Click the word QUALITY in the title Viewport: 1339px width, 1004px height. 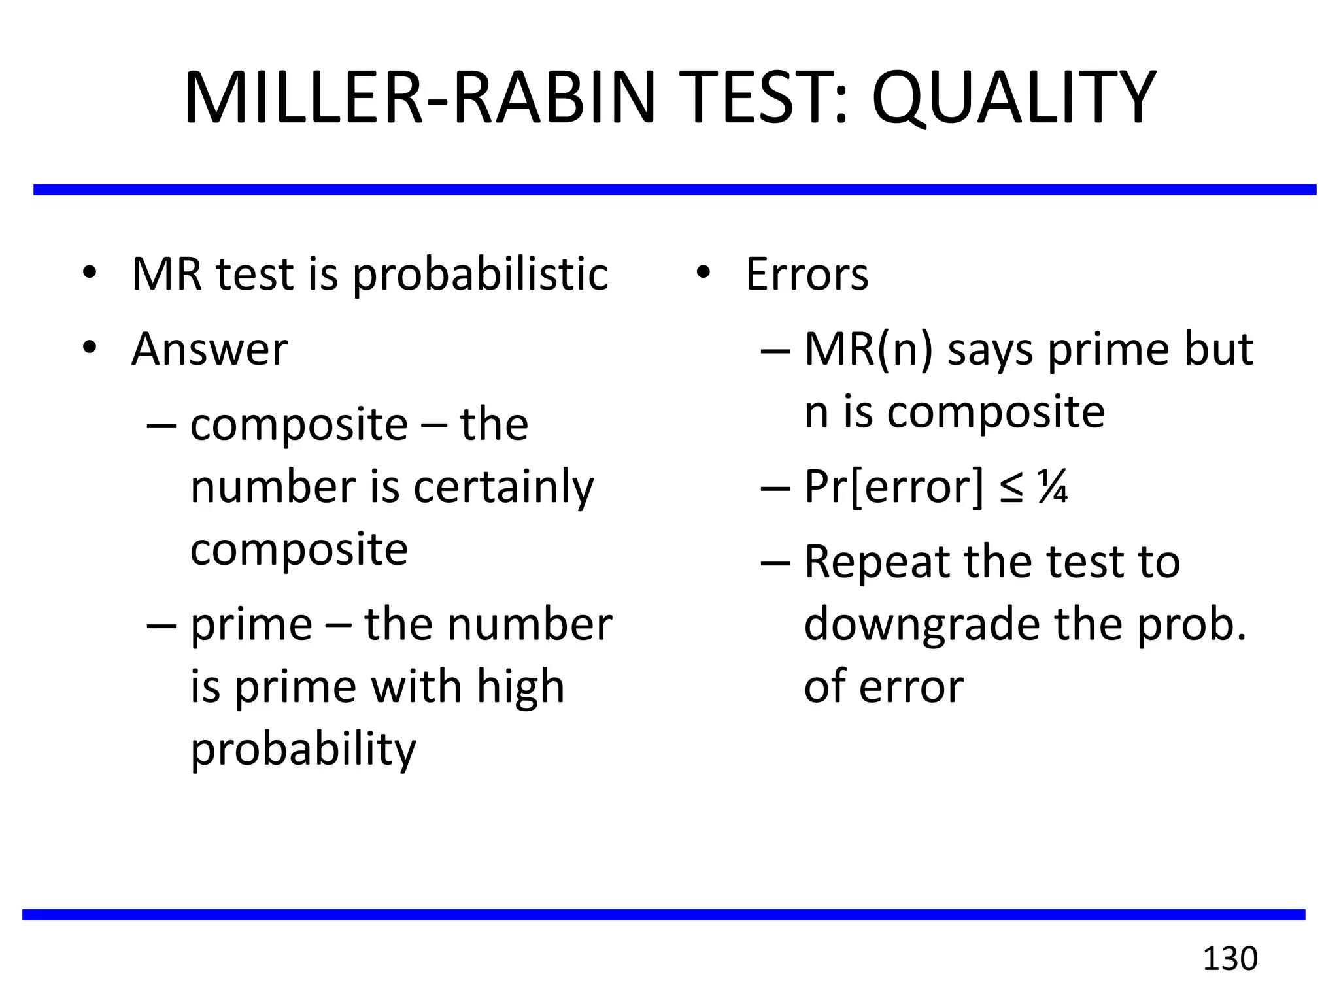[1013, 98]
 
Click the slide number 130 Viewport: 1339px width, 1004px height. [1230, 959]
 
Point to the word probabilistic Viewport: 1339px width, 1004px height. [481, 275]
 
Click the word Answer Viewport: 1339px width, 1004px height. [209, 349]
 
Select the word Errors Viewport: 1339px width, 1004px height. [807, 275]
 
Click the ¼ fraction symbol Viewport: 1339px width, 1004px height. [1053, 488]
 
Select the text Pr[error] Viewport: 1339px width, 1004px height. [893, 488]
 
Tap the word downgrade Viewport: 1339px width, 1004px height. [922, 625]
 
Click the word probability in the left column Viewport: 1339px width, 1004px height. [303, 749]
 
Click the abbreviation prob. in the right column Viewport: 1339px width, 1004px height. [1192, 625]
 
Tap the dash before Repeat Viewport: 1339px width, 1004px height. [775, 562]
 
